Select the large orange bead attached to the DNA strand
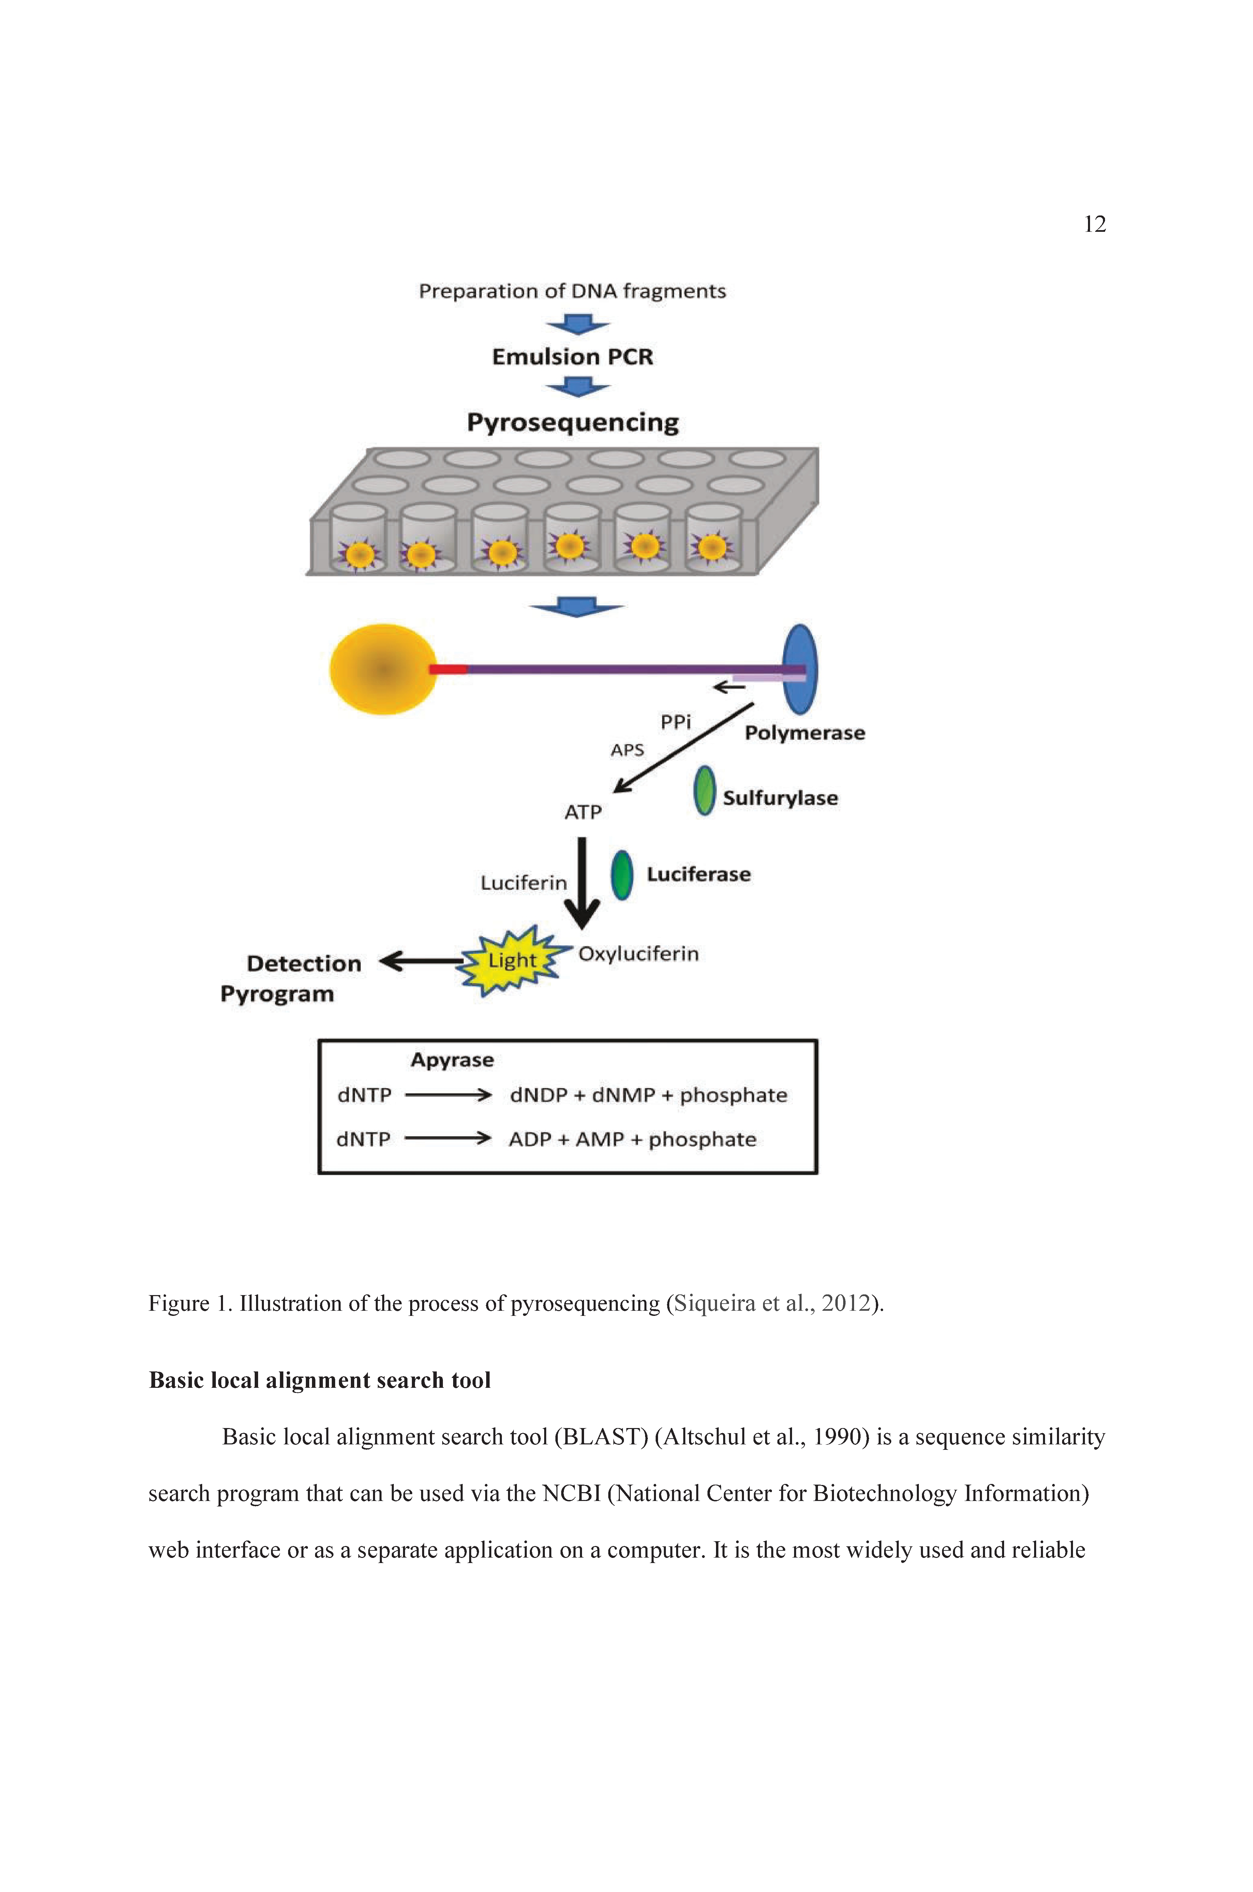(384, 669)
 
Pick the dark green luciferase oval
(622, 875)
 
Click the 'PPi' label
(675, 722)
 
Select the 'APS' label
(627, 749)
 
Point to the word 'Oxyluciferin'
(639, 954)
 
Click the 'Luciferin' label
(523, 883)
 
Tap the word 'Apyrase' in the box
(452, 1060)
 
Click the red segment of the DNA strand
(448, 669)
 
